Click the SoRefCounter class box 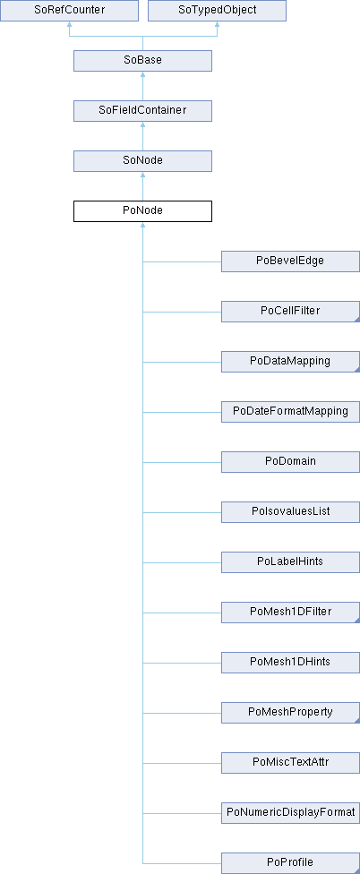(x=69, y=11)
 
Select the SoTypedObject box (x=217, y=11)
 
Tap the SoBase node (x=142, y=61)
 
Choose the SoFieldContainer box (x=142, y=111)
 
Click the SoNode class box (x=142, y=161)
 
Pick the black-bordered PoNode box (x=142, y=211)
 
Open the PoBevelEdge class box (x=290, y=261)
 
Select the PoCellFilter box (x=290, y=312)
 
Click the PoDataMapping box (x=290, y=362)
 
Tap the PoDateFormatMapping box (x=290, y=412)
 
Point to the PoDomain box (x=290, y=462)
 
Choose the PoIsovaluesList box (x=290, y=512)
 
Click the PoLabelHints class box (x=290, y=562)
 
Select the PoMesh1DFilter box (x=290, y=613)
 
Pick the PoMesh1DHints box (x=290, y=663)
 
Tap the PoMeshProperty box (x=290, y=713)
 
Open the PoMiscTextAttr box (x=290, y=763)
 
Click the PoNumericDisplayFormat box (x=290, y=813)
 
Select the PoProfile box (x=290, y=863)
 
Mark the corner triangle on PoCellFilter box (x=357, y=320)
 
